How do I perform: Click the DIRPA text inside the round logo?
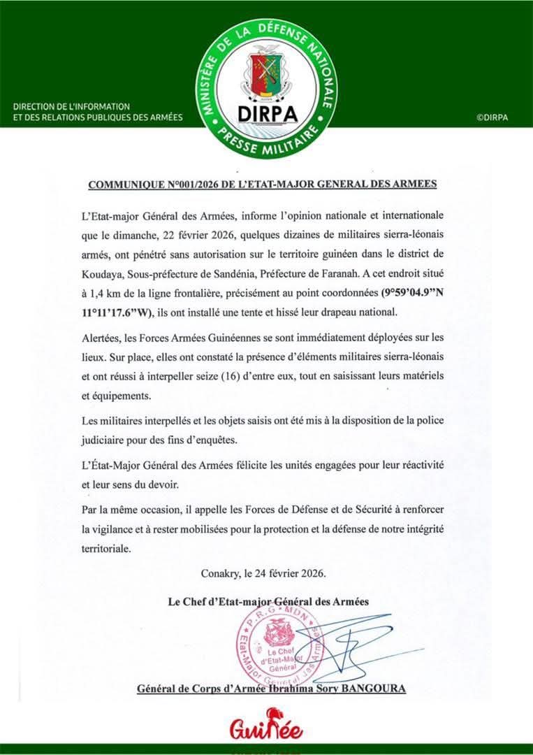tap(266, 112)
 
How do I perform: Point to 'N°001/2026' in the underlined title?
tap(194, 185)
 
